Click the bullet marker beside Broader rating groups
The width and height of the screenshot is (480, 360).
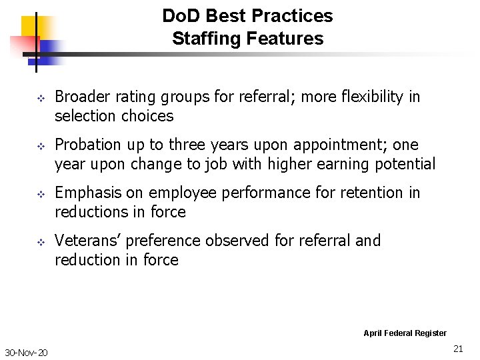click(39, 99)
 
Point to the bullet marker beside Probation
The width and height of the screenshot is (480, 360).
click(39, 147)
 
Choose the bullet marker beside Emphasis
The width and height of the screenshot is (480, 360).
click(39, 195)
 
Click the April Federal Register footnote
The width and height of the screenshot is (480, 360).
click(405, 333)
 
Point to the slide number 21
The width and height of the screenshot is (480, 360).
click(458, 349)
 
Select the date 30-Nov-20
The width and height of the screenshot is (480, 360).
click(26, 353)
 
